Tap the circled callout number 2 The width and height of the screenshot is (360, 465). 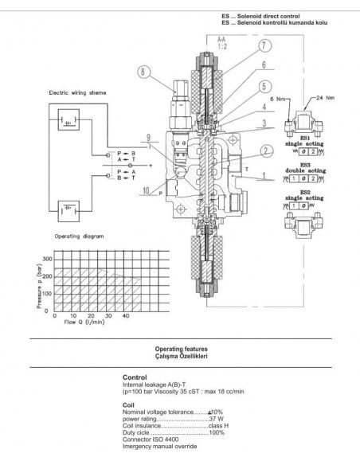[268, 150]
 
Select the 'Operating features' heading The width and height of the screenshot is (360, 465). [181, 349]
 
